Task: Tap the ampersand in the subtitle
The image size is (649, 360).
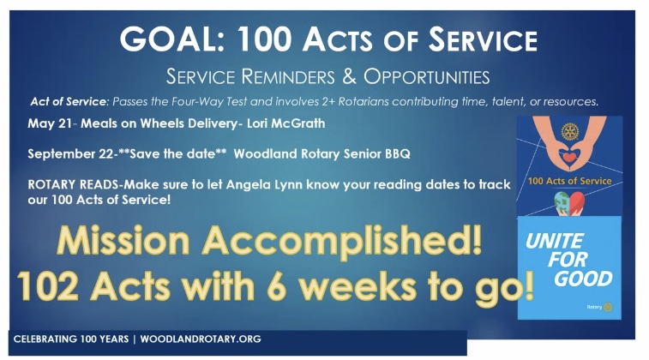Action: pos(349,76)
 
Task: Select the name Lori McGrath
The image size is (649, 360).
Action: pos(286,123)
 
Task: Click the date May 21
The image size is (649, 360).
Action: pos(50,123)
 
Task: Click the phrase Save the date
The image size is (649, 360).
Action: pos(172,153)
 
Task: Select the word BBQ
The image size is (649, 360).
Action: pos(398,154)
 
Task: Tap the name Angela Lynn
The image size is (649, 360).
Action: pos(262,184)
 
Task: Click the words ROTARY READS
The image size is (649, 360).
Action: pos(73,184)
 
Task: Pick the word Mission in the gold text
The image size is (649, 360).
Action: pos(123,241)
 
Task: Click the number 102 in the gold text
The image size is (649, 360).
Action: pos(48,286)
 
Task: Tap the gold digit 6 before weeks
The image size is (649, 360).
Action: pos(277,286)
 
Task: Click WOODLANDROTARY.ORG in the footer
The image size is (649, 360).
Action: pos(201,339)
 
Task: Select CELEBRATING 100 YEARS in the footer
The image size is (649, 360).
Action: pos(71,339)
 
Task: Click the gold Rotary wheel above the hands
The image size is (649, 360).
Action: pos(570,132)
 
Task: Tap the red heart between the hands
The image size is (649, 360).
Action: pos(569,157)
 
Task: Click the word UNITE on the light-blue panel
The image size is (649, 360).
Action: pos(555,241)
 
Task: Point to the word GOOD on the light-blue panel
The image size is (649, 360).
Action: pos(583,279)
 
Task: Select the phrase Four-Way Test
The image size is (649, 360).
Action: pos(209,102)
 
